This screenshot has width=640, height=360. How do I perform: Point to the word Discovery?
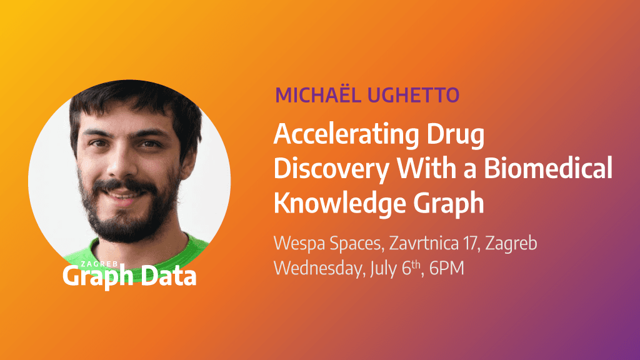pos(329,169)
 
